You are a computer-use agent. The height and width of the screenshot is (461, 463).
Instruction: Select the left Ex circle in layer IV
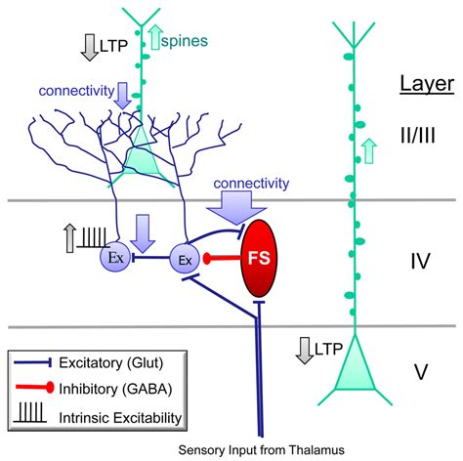[x=114, y=258]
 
